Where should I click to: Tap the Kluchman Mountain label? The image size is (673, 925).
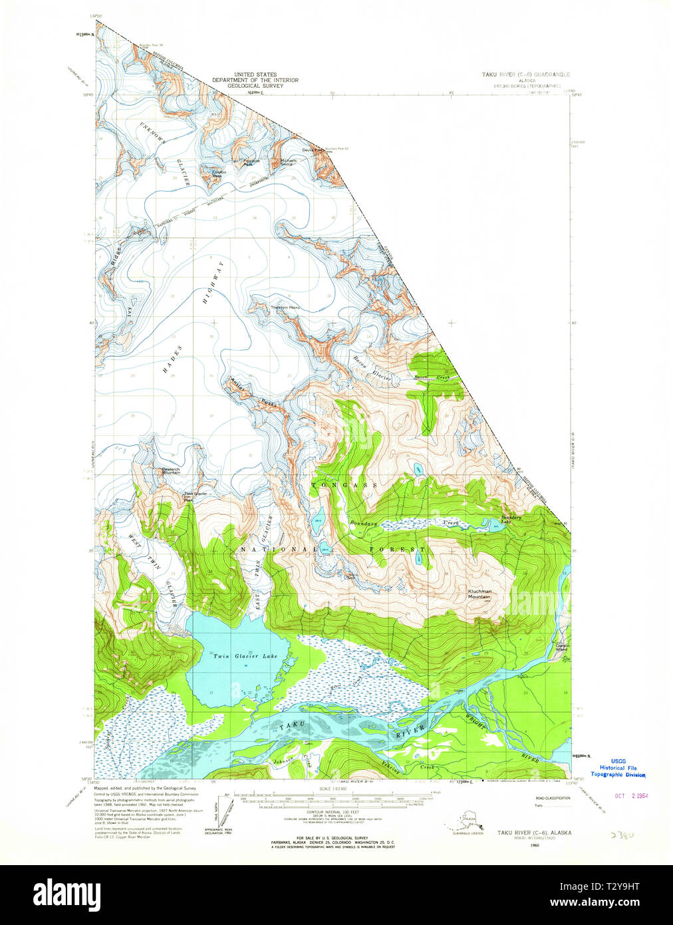pyautogui.click(x=479, y=594)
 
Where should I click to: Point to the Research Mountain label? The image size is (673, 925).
pyautogui.click(x=171, y=470)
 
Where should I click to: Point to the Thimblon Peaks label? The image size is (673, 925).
pyautogui.click(x=285, y=307)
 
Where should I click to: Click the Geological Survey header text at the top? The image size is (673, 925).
pyautogui.click(x=255, y=80)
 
